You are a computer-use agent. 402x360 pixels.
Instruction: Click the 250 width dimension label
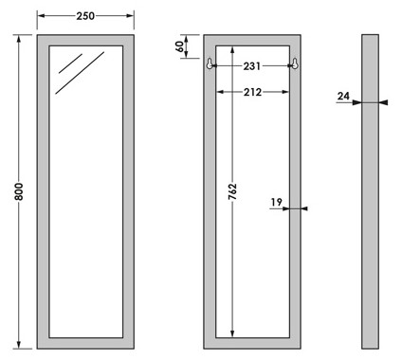85,16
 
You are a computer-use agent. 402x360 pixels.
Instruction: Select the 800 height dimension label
19,191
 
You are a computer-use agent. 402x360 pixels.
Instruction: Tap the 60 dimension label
179,46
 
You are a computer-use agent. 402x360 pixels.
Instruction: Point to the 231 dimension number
252,66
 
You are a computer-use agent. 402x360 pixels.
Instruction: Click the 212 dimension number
252,92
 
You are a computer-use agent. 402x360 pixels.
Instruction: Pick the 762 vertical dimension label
232,191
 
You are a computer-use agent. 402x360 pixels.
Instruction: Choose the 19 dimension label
276,202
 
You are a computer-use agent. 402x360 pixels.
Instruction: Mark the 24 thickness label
343,96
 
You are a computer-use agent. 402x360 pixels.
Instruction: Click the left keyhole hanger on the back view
210,63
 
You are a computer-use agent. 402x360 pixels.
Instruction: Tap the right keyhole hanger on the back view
295,63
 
